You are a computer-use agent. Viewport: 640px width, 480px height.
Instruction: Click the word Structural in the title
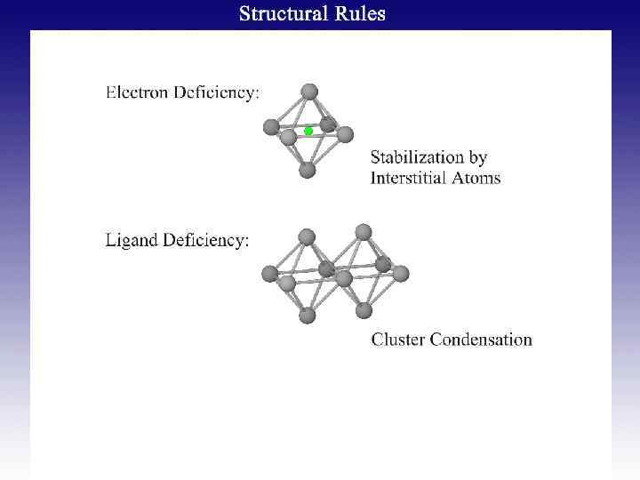coord(281,14)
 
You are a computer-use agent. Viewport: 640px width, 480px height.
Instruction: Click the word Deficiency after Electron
coord(219,92)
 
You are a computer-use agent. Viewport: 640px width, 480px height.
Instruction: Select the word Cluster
coord(397,339)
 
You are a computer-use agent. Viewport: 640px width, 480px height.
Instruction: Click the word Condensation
coord(481,339)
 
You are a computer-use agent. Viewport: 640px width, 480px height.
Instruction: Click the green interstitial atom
coord(308,131)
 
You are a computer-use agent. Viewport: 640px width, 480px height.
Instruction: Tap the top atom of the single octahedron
coord(309,91)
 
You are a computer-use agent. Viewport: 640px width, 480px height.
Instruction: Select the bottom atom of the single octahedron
coord(308,169)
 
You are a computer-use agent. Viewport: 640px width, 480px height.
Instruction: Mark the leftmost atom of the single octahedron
coord(271,127)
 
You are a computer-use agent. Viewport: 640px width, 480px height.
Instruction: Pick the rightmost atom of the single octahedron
coord(345,134)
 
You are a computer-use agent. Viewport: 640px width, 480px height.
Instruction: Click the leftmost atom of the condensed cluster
coord(270,273)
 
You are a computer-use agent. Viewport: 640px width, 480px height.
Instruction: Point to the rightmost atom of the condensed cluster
coord(401,273)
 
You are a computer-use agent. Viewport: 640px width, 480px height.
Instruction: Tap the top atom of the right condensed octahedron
coord(363,232)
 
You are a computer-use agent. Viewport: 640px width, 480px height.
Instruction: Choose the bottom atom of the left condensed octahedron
coord(308,315)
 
